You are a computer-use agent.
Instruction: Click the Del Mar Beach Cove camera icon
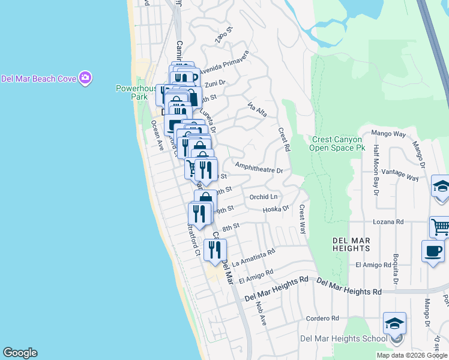(85, 78)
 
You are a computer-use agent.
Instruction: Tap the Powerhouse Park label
(131, 92)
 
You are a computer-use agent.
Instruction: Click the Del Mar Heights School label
(343, 338)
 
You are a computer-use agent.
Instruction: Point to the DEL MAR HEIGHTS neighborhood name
(351, 244)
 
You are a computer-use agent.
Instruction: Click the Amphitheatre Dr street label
(259, 170)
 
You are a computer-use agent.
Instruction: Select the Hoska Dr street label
(276, 209)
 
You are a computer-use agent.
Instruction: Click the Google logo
(20, 353)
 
